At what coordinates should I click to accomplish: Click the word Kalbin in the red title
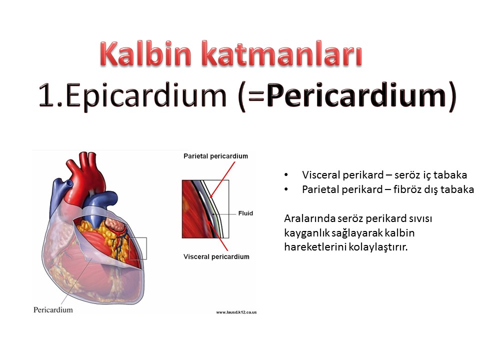(x=145, y=53)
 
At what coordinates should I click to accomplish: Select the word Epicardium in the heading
(x=146, y=95)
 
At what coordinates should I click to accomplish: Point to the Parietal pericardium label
(x=216, y=156)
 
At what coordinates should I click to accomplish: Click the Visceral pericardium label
(x=216, y=256)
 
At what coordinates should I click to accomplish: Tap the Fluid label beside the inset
(x=245, y=213)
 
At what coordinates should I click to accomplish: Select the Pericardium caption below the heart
(x=53, y=310)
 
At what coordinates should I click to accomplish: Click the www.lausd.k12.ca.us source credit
(x=236, y=312)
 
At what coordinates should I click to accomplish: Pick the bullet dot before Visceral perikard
(x=286, y=175)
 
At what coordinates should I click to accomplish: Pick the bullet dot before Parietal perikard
(x=286, y=189)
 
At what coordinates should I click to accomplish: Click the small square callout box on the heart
(x=138, y=248)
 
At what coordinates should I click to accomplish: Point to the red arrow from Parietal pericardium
(x=222, y=180)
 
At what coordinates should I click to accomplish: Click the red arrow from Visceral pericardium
(x=217, y=235)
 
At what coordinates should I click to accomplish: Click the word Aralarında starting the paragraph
(x=309, y=218)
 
